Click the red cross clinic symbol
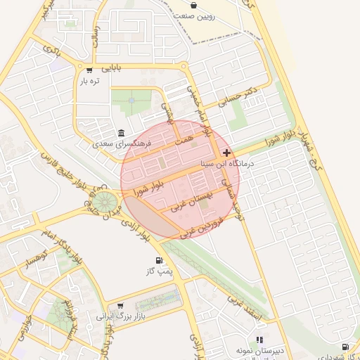tap(226, 153)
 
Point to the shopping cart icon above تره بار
tap(89, 70)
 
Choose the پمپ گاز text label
tap(160, 271)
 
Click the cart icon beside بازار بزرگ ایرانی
tap(120, 306)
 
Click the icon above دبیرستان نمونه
tap(260, 340)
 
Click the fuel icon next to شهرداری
tap(345, 347)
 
